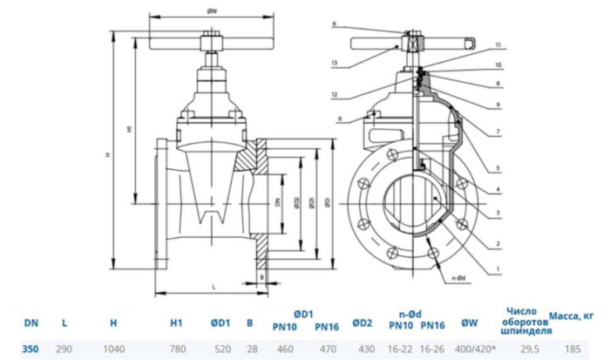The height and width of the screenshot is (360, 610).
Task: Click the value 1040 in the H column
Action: point(113,348)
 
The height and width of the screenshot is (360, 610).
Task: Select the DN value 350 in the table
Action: point(30,348)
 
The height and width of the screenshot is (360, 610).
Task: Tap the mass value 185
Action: point(573,348)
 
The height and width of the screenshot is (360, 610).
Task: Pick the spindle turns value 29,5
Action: point(525,348)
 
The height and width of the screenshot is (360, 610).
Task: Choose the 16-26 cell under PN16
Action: point(433,348)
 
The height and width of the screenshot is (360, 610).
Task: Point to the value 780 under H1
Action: point(176,348)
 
